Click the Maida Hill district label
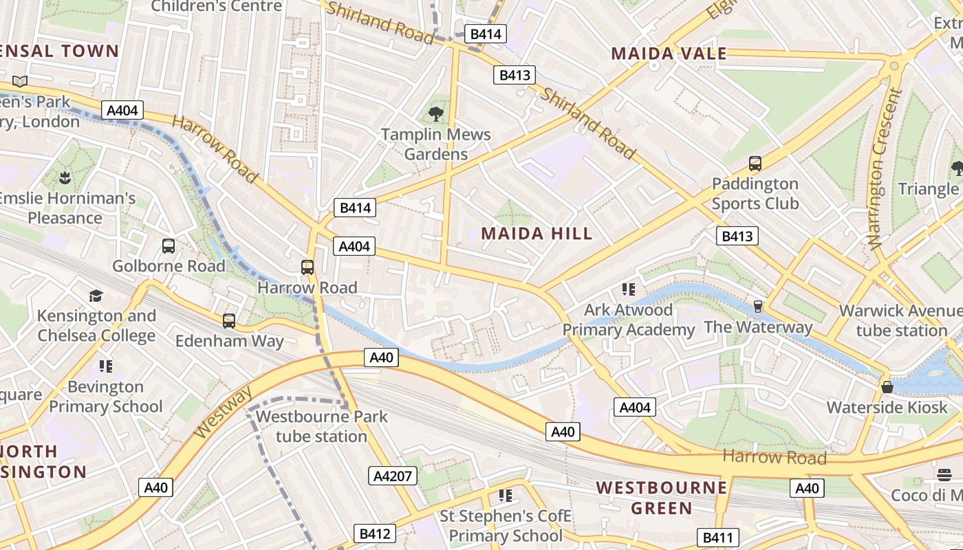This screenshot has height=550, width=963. (x=537, y=234)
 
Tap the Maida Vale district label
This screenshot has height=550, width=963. (x=669, y=54)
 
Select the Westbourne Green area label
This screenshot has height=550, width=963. (x=661, y=498)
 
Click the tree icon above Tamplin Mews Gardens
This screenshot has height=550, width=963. (x=435, y=113)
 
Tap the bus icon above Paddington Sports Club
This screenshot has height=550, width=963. (x=755, y=164)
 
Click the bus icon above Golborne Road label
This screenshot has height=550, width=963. (x=168, y=245)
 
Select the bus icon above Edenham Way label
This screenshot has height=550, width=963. (x=228, y=320)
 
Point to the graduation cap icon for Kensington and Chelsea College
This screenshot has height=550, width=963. (x=96, y=296)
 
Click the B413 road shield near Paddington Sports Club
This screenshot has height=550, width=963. (x=737, y=236)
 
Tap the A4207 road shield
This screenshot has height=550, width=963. (x=393, y=476)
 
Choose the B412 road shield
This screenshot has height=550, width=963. (x=375, y=533)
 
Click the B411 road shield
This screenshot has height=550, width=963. (x=717, y=538)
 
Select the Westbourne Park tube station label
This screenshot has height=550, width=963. (x=321, y=426)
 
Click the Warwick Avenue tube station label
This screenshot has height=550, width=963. (x=901, y=320)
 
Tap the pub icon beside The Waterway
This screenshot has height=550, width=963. (x=757, y=306)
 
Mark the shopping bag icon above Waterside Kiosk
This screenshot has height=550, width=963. (x=887, y=386)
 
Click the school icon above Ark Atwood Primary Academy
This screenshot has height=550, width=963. (x=627, y=289)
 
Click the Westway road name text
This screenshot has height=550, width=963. (x=223, y=412)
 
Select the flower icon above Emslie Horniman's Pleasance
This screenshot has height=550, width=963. (x=65, y=178)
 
